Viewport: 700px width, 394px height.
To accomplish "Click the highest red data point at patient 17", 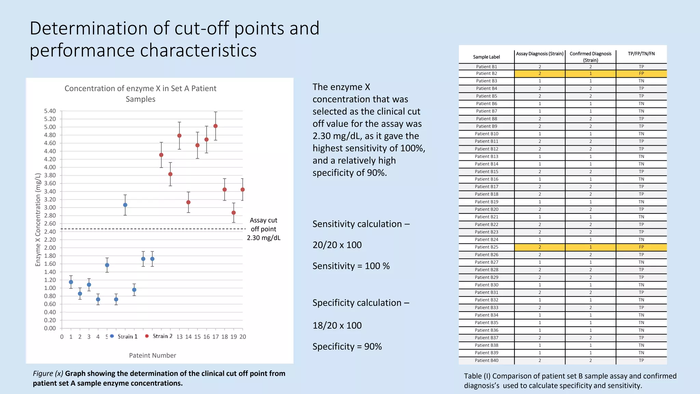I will click(215, 126).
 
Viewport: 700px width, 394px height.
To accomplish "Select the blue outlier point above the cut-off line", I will click(125, 205).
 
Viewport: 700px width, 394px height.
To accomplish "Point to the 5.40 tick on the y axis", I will click(50, 111).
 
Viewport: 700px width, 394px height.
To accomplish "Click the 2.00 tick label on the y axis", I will click(50, 248).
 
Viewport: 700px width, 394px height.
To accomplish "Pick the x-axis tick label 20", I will click(243, 337).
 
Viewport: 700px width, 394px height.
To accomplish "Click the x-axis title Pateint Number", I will click(152, 355).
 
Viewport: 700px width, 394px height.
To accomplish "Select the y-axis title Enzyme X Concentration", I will click(38, 220).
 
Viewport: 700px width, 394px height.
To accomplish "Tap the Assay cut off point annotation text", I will click(264, 229).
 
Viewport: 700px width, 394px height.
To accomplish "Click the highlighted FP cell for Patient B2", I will click(641, 74).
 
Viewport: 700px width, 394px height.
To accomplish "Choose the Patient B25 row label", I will click(486, 247).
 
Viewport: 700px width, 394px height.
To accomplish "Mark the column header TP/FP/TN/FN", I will click(641, 54).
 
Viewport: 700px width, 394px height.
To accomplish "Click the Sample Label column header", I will click(486, 57).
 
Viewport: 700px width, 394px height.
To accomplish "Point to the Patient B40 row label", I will click(486, 360).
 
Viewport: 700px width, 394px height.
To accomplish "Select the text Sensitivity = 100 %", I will click(351, 266).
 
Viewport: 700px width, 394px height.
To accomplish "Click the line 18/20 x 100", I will click(337, 326).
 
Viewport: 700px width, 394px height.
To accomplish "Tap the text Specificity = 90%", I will click(347, 347).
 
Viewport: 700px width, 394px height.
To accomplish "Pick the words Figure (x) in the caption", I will click(48, 373).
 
